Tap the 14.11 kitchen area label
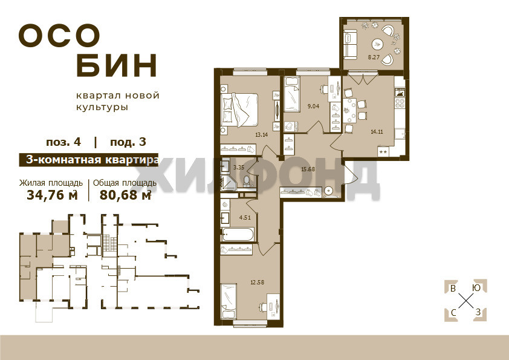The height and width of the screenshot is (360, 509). (377, 131)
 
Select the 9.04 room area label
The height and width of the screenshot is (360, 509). (313, 106)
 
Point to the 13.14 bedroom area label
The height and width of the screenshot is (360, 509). (261, 134)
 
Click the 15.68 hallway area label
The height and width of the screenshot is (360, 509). (308, 169)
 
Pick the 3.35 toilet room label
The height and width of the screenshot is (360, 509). (239, 168)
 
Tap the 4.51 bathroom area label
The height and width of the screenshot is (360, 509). (245, 218)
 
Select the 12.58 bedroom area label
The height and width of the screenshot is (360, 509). (257, 282)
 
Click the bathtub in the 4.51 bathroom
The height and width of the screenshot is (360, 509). (238, 235)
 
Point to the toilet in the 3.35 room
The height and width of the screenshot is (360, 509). (247, 180)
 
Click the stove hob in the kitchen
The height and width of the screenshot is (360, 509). (399, 103)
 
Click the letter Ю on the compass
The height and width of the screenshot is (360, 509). (476, 288)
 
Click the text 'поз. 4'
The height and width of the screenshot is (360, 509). (63, 142)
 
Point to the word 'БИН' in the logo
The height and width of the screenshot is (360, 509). (117, 65)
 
